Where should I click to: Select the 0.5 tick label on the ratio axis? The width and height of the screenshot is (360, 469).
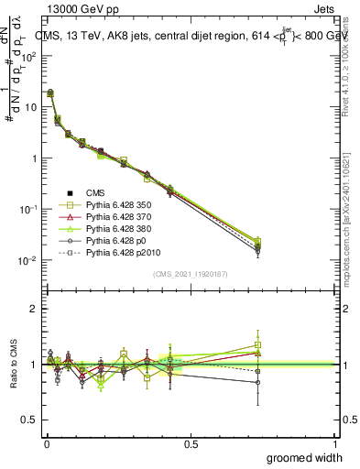click(x=31, y=420)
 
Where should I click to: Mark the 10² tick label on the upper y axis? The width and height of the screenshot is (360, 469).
click(x=27, y=56)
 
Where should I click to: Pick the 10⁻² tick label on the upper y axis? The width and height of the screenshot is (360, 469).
click(x=27, y=261)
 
